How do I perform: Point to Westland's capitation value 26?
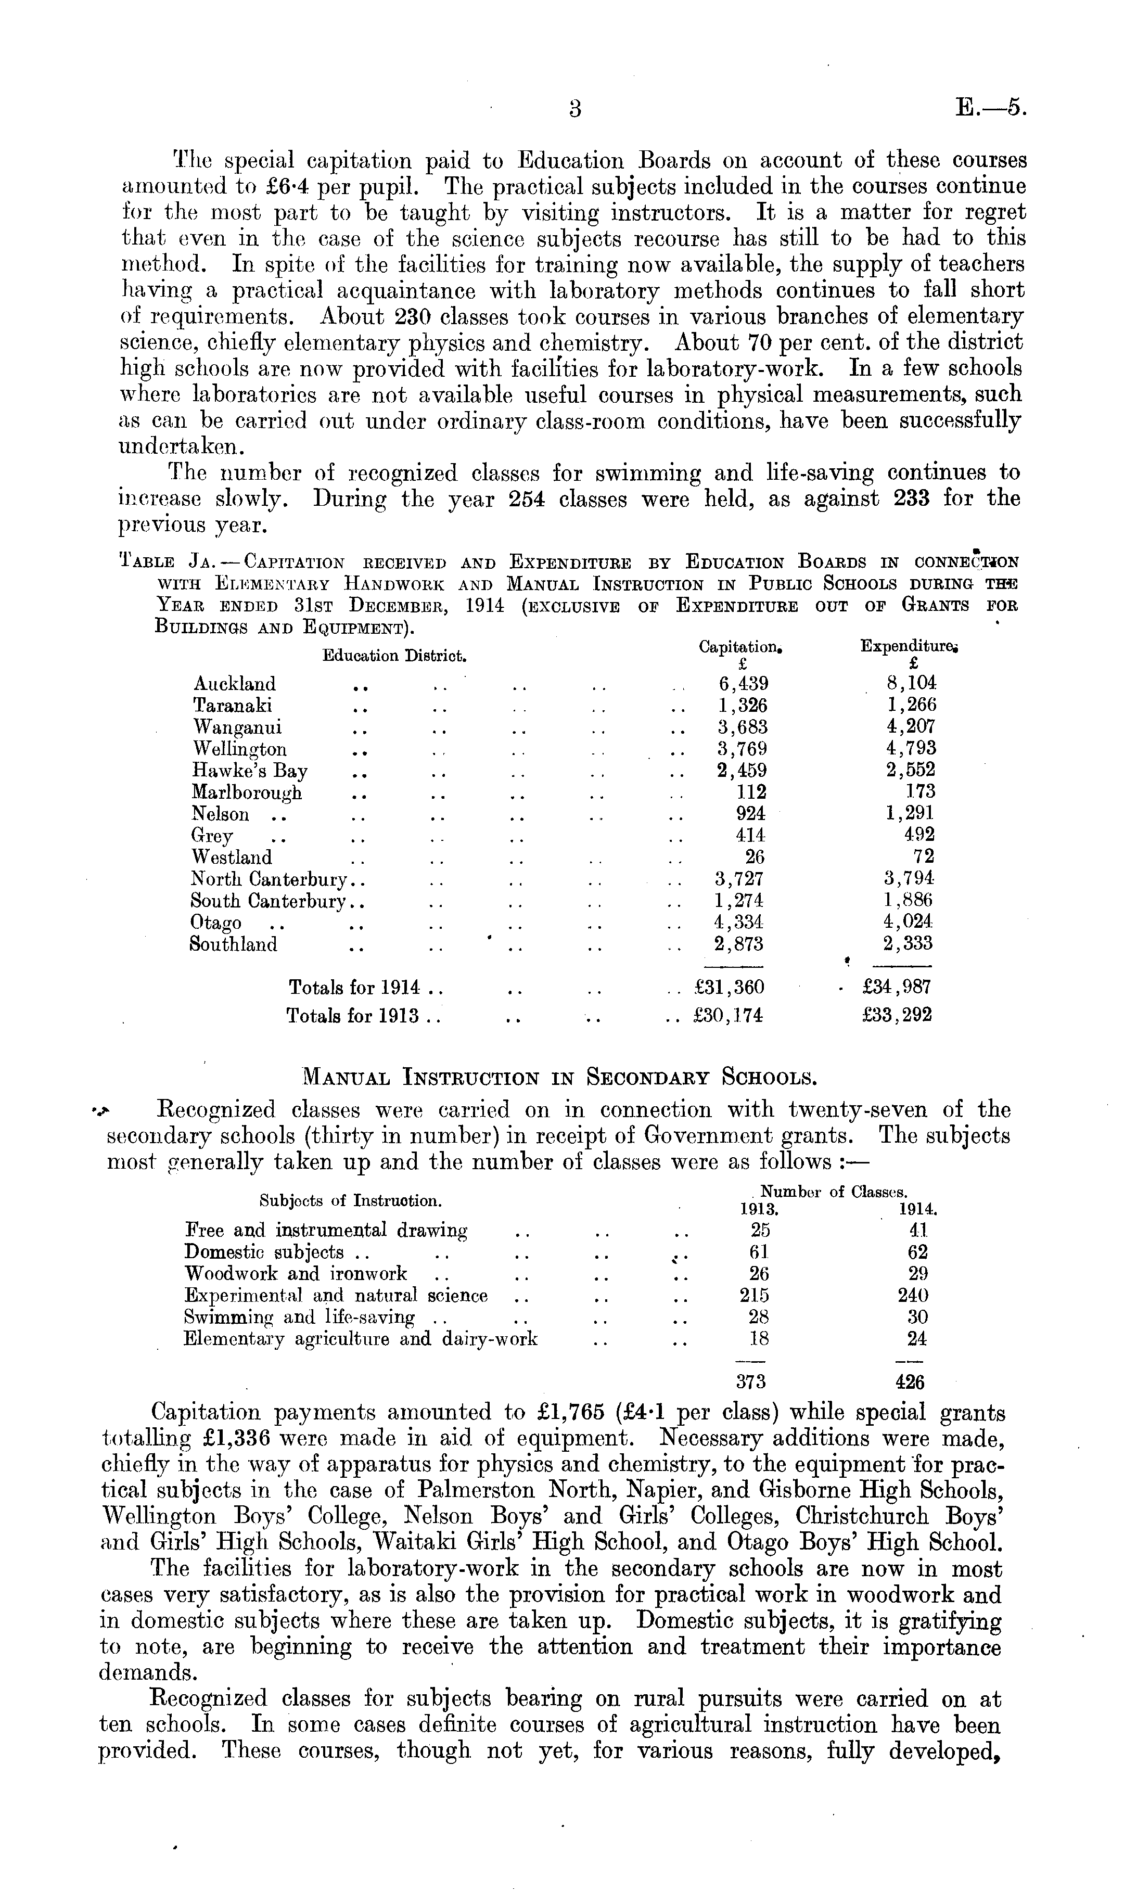(755, 856)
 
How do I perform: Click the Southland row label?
(234, 944)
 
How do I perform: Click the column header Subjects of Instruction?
(350, 1200)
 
